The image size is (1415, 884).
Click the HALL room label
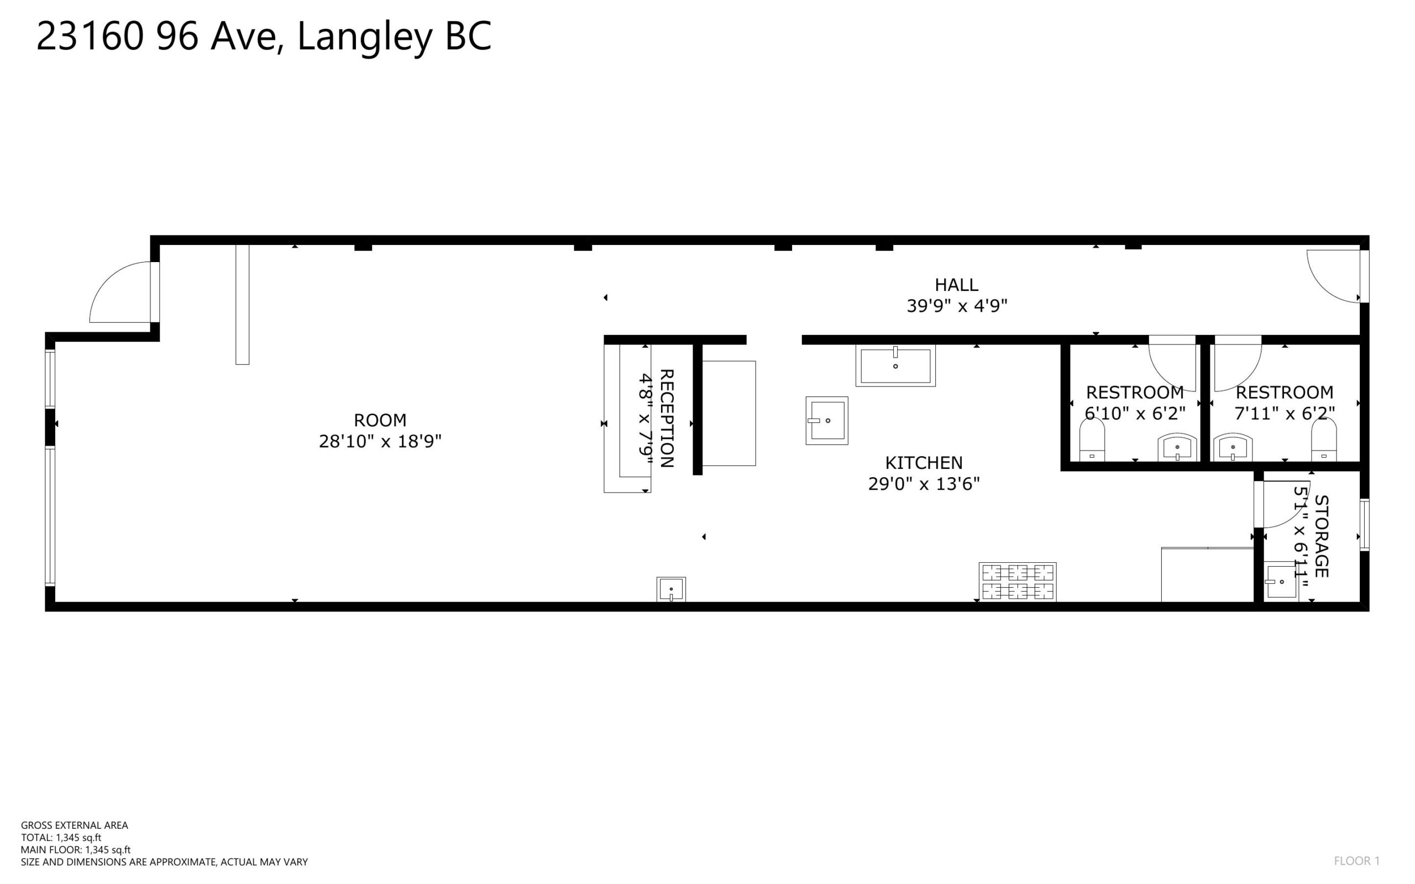(x=956, y=285)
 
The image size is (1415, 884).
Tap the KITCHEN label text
(x=924, y=463)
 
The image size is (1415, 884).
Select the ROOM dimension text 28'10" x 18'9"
(x=380, y=441)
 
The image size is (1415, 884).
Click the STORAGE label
(x=1322, y=536)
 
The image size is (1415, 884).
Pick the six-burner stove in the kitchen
(x=1018, y=582)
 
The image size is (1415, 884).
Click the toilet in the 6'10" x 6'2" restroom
(x=1092, y=441)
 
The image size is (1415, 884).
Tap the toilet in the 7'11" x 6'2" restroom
(x=1324, y=441)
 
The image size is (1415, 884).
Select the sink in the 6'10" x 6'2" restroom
(x=1177, y=447)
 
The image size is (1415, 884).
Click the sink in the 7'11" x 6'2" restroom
(x=1233, y=447)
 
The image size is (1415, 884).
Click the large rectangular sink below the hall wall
(x=895, y=365)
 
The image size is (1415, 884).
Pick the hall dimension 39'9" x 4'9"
(x=957, y=306)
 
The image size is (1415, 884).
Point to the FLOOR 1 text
(x=1356, y=861)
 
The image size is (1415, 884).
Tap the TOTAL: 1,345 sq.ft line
(x=61, y=838)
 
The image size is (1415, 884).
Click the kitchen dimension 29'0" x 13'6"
(x=924, y=484)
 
